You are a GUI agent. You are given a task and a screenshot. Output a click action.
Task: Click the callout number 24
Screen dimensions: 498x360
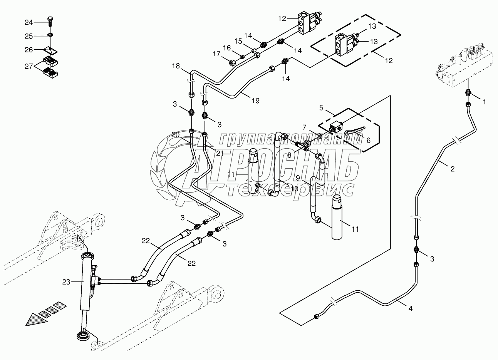pos(29,22)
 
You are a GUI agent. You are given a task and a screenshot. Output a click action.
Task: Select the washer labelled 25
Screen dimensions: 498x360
pos(50,35)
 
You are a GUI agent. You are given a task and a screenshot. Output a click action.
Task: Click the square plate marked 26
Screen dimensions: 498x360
pos(51,50)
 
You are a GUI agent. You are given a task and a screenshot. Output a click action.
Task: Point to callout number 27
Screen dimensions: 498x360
pos(29,66)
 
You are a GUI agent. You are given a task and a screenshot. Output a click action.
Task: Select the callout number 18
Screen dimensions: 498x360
pos(176,66)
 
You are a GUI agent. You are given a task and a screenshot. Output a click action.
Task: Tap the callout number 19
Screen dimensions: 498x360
pos(256,101)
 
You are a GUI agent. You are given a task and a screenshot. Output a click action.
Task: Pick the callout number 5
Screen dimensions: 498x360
pos(321,108)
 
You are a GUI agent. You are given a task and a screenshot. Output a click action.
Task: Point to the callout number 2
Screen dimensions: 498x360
pos(453,169)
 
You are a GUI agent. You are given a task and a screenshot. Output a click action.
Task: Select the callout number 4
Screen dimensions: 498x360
pos(411,308)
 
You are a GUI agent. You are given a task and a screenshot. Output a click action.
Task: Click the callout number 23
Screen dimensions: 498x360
pos(66,282)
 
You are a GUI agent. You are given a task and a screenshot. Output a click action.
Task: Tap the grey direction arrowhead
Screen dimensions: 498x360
pos(37,320)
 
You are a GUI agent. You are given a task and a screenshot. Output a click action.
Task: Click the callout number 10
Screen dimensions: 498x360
pos(294,189)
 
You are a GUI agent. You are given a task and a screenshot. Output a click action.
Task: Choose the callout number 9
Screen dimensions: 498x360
pos(298,178)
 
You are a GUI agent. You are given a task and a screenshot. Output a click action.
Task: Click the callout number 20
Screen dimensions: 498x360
pos(175,135)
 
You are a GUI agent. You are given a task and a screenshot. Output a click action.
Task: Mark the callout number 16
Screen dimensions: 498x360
pos(227,48)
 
